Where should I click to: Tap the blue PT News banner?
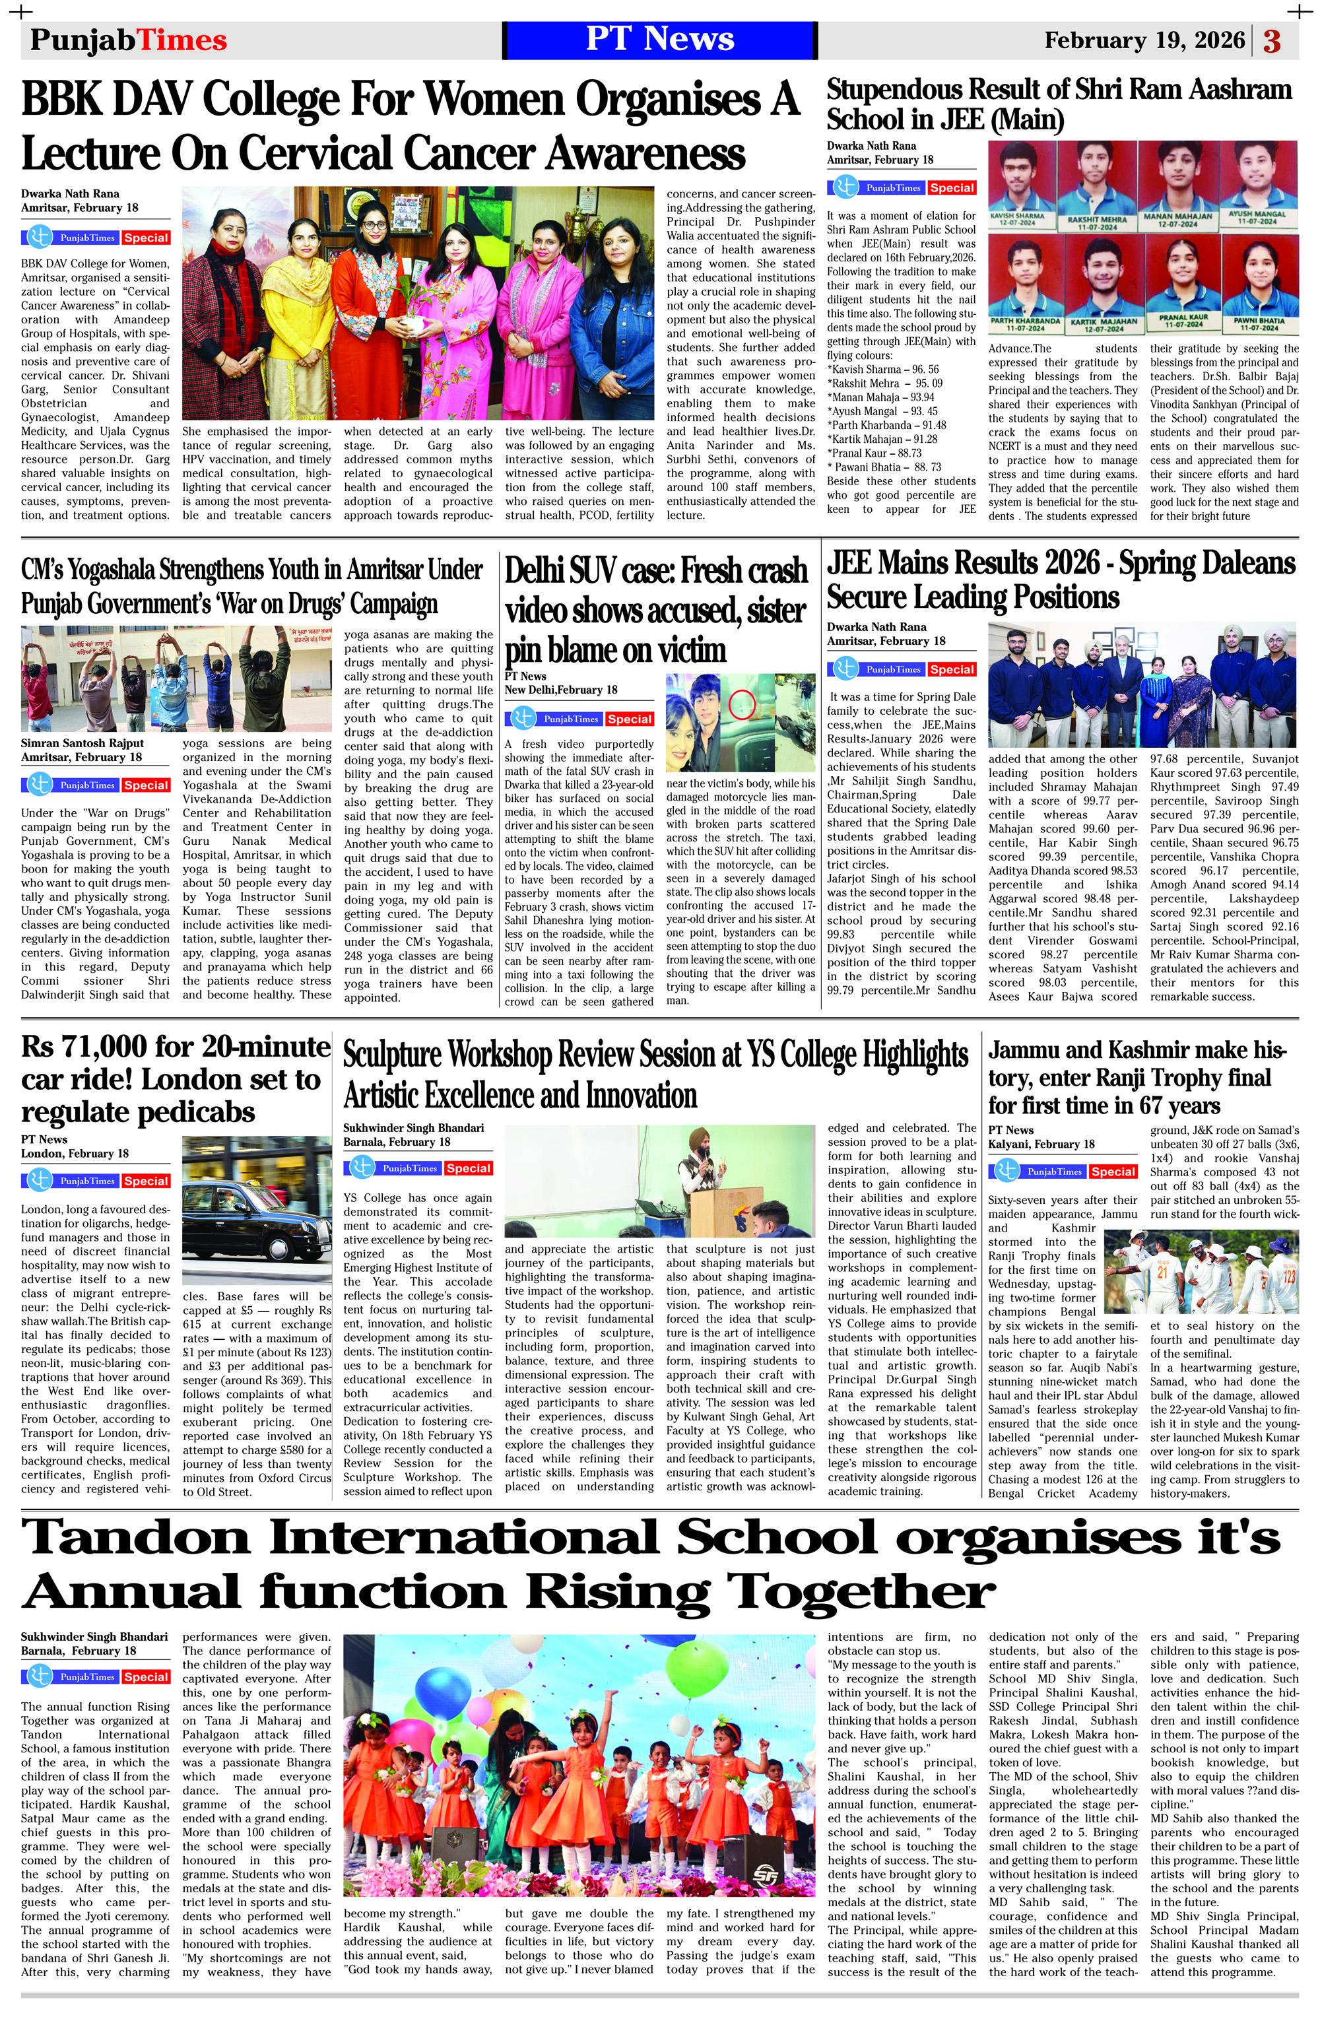point(660,40)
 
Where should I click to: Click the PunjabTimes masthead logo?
point(128,40)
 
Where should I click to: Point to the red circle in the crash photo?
point(742,704)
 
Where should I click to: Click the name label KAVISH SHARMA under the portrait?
point(1017,217)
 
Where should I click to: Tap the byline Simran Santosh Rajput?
point(82,743)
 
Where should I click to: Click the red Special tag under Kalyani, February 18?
point(1112,1172)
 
